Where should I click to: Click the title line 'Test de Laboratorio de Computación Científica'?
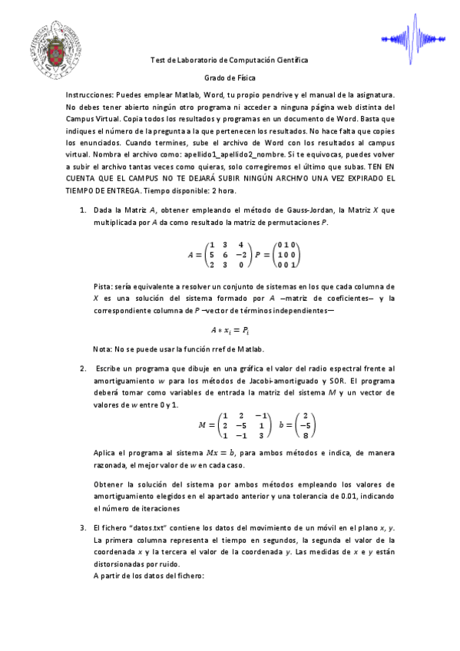coord(229,60)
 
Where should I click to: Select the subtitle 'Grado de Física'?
coord(229,78)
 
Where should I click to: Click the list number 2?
coord(83,369)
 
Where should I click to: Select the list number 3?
coord(83,529)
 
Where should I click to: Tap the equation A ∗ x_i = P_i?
coord(230,331)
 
